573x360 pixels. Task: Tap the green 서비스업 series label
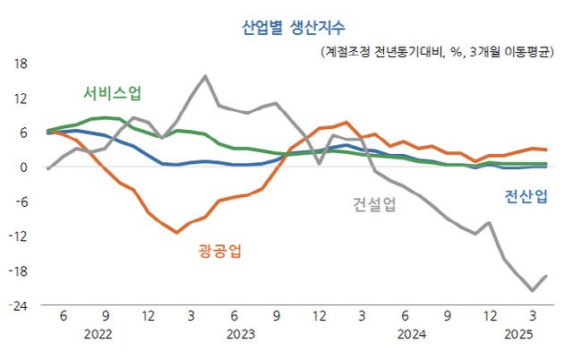(x=112, y=93)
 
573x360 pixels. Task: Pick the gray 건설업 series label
(x=373, y=203)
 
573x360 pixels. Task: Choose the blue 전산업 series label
(x=526, y=196)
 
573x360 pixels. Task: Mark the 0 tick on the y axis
(x=25, y=167)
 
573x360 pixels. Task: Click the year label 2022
(x=98, y=333)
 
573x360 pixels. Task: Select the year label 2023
(x=240, y=333)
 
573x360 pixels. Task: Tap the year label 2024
(x=411, y=333)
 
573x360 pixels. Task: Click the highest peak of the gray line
(x=205, y=76)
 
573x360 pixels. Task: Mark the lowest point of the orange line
(x=176, y=233)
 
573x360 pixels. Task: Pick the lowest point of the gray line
(x=532, y=290)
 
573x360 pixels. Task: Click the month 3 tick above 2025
(x=533, y=316)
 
